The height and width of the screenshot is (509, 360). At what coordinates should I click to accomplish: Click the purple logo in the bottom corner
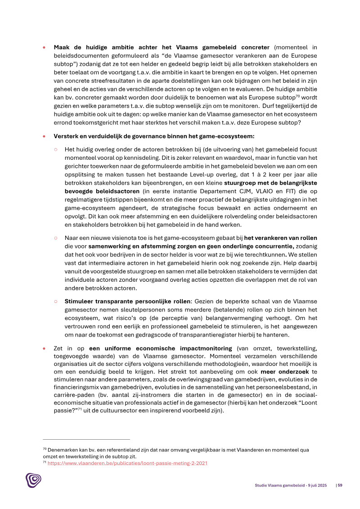point(33,480)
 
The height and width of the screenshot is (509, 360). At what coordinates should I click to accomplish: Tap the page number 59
point(340,485)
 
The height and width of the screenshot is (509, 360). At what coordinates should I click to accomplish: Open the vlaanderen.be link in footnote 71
point(127,463)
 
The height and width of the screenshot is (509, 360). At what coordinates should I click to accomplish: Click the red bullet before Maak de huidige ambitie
point(44,47)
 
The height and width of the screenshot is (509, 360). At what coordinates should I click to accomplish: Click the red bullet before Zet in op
point(44,348)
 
